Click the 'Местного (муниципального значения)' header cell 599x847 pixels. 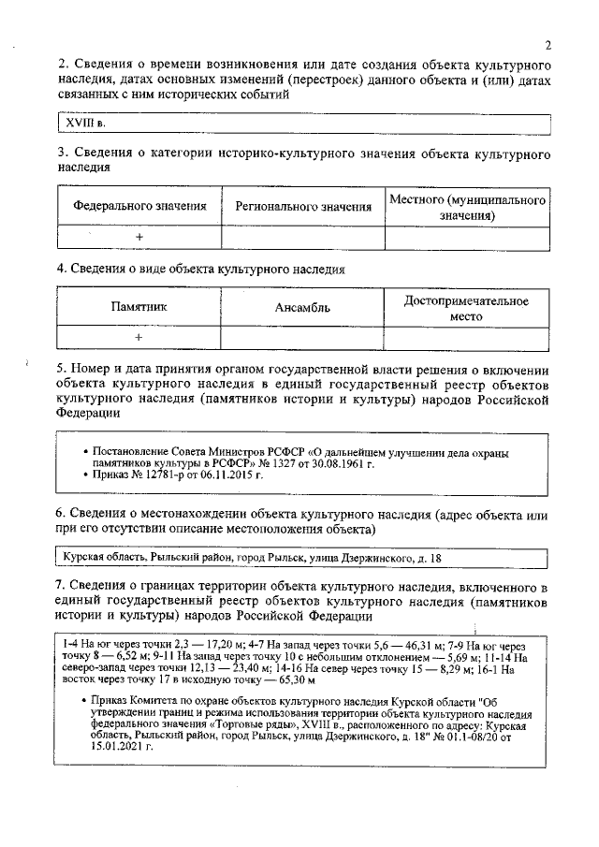[467, 208]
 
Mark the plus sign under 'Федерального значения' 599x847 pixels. [139, 238]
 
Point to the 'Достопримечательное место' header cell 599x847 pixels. [466, 309]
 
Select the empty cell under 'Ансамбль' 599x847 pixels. [302, 338]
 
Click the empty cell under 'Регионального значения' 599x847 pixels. [302, 238]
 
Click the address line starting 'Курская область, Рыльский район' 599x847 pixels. [253, 558]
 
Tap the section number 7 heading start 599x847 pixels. [62, 586]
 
